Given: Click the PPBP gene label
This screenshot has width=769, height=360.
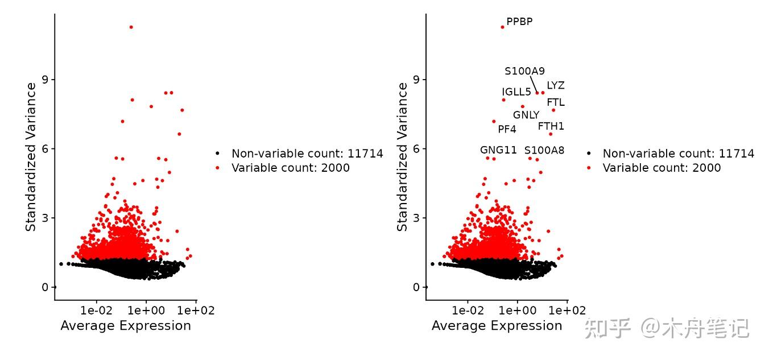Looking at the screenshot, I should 519,22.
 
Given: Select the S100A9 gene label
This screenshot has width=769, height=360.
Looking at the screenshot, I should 524,71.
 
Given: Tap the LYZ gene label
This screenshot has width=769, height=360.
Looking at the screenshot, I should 556,85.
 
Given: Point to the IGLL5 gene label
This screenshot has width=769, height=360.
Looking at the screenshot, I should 516,92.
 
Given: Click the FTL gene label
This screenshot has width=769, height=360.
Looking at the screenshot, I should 556,102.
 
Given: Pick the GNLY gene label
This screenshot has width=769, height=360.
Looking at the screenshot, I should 526,115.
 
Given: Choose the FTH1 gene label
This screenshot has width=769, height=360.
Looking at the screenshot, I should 551,126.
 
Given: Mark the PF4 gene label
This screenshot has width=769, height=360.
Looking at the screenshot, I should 507,129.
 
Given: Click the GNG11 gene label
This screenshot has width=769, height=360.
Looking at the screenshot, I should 498,150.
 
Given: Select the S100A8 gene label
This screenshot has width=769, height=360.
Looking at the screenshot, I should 544,150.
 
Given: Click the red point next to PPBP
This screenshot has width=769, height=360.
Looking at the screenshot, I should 502,27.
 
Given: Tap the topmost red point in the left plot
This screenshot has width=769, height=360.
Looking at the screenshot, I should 131,27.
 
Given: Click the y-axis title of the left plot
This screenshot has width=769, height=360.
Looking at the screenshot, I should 31,156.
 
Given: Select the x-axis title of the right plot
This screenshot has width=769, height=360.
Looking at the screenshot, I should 497,325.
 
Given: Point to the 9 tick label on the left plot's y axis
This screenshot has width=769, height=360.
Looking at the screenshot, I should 44,80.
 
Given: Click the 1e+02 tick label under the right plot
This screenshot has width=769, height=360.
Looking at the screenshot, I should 567,311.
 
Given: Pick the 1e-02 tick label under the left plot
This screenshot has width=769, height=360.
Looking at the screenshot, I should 96,311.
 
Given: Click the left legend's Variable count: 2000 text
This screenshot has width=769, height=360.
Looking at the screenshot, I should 291,168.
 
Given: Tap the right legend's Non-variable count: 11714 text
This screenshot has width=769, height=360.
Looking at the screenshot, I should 679,154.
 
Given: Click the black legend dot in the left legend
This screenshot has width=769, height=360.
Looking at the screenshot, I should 217,154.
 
